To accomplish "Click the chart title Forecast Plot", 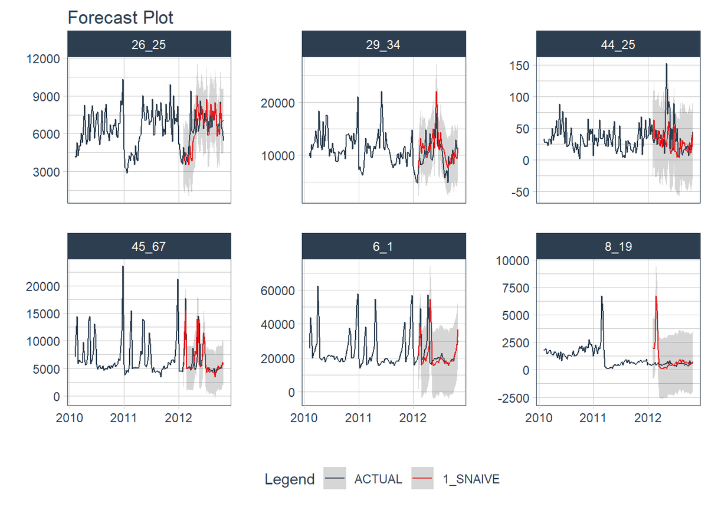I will click(x=120, y=18).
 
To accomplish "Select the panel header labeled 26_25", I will click(x=149, y=44).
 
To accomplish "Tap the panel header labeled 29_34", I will click(x=383, y=44).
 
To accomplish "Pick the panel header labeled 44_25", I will click(x=618, y=44).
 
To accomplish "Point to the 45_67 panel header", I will click(x=149, y=246).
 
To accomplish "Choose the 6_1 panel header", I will click(x=383, y=246).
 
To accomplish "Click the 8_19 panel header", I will click(x=618, y=246).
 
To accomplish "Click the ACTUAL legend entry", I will click(x=378, y=479).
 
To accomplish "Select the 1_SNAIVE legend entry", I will click(x=471, y=479).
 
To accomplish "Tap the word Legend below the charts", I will click(x=290, y=479).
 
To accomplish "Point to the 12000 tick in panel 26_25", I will click(x=44, y=59).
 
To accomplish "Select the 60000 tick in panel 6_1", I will click(x=278, y=290).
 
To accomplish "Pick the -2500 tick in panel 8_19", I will click(x=513, y=397).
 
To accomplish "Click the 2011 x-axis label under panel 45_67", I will click(x=124, y=419).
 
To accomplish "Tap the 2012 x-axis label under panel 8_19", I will click(x=648, y=419).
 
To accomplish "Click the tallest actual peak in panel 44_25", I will click(x=666, y=64).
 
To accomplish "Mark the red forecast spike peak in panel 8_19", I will click(x=656, y=296).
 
